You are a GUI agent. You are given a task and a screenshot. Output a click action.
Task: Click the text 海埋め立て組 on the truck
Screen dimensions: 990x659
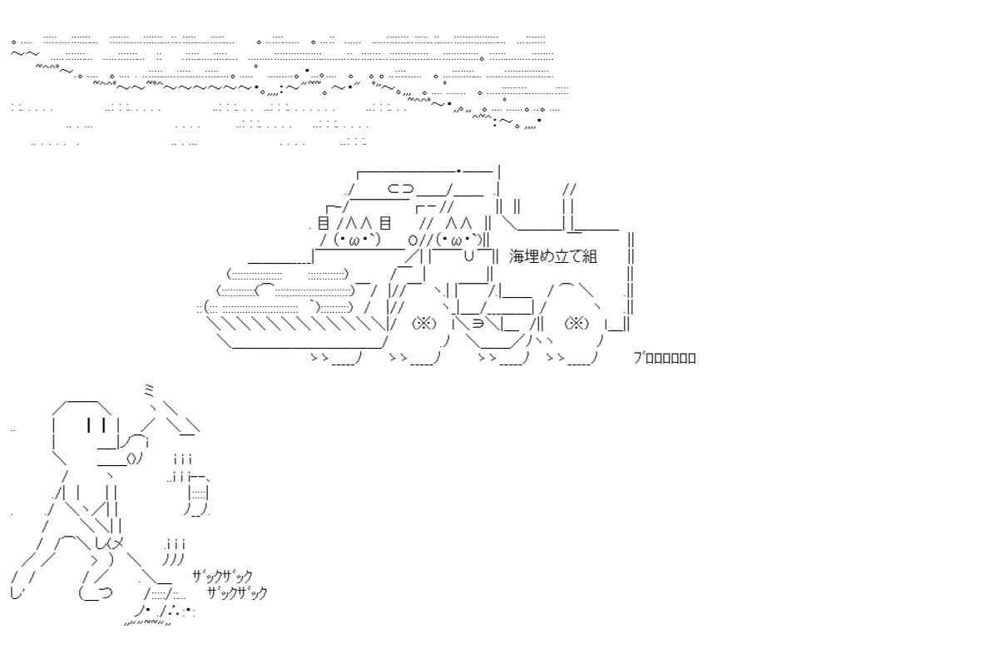(x=552, y=256)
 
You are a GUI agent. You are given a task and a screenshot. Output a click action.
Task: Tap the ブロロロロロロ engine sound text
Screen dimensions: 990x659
(x=664, y=358)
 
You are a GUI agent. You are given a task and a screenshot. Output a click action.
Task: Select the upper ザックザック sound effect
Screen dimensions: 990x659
(x=222, y=576)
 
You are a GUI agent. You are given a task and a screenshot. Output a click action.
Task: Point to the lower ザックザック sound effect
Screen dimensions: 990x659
(x=237, y=592)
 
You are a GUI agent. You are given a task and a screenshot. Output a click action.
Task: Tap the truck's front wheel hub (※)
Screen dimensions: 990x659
(x=423, y=323)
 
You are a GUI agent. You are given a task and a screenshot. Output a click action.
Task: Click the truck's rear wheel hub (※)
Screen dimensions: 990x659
(x=576, y=323)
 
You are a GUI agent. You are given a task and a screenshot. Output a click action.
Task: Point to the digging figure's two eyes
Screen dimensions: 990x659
(x=96, y=426)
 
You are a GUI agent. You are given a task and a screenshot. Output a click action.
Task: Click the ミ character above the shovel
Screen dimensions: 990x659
(x=149, y=391)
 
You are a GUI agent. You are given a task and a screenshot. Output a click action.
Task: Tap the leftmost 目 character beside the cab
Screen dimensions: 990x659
(x=324, y=224)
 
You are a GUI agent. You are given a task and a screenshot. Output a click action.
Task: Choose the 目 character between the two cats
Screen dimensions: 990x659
(x=385, y=224)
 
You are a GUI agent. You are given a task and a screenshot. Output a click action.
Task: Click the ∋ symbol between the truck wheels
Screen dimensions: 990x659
(x=478, y=323)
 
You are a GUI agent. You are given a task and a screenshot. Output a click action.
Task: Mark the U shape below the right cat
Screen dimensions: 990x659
(x=468, y=255)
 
